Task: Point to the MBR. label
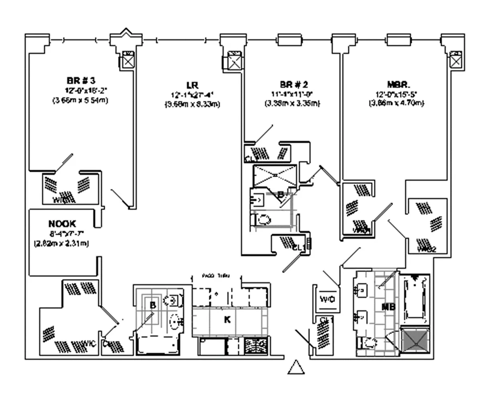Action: [x=398, y=85]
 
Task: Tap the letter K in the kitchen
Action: [x=227, y=320]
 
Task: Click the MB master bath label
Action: [x=389, y=307]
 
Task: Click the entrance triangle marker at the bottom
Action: [x=296, y=367]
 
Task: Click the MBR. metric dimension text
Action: [x=397, y=103]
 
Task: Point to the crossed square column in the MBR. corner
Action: [x=456, y=60]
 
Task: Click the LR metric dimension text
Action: [x=192, y=104]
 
